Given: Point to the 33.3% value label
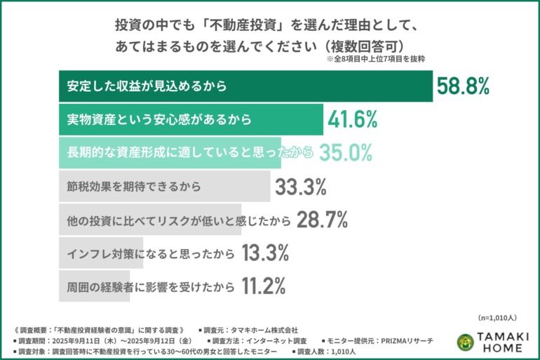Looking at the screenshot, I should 300,187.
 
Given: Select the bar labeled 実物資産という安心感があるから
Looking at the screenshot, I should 189,120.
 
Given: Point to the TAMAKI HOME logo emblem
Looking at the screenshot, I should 464,342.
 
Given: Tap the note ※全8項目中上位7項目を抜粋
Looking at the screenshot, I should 376,60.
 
